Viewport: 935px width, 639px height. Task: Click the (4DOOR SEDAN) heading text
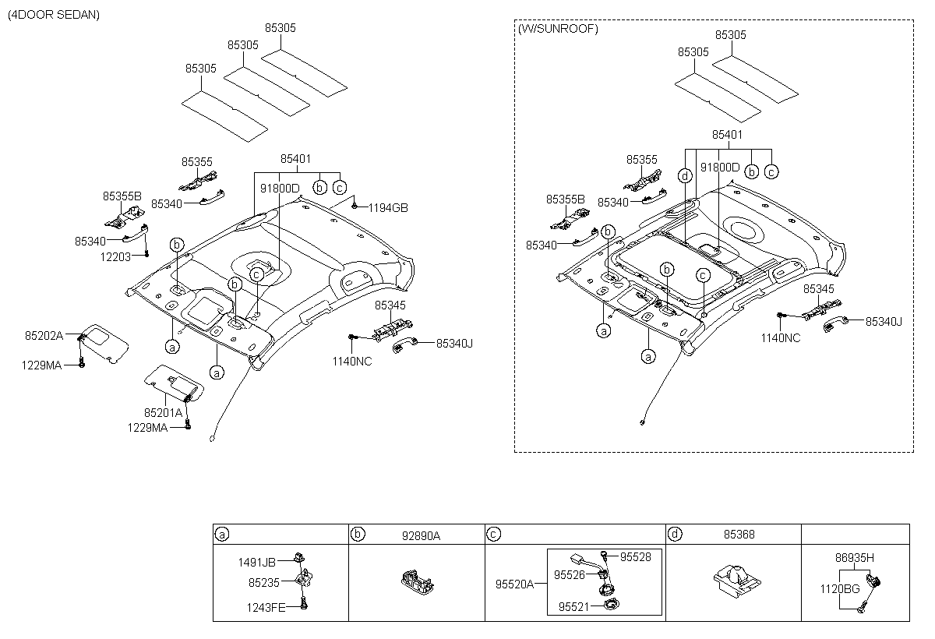(54, 15)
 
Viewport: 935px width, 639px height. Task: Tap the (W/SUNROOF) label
(558, 29)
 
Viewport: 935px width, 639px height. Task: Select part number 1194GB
(388, 208)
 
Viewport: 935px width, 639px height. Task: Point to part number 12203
(115, 256)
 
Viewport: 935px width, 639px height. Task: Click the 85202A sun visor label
(44, 336)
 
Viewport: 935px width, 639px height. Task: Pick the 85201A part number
(163, 413)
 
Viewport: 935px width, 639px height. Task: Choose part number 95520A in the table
(515, 584)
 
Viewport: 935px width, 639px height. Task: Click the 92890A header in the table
(422, 536)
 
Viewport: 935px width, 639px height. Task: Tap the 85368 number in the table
(739, 535)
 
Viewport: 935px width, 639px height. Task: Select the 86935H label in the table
(855, 558)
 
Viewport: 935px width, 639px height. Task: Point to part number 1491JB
(256, 563)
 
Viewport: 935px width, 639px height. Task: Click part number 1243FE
(266, 608)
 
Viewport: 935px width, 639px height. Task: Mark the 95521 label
(574, 607)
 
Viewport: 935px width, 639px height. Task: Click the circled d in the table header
(675, 534)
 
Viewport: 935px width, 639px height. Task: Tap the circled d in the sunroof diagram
(685, 175)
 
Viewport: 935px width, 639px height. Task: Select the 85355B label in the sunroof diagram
(566, 199)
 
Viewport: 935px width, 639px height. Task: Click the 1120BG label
(840, 589)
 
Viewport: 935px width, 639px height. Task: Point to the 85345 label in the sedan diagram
(390, 305)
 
